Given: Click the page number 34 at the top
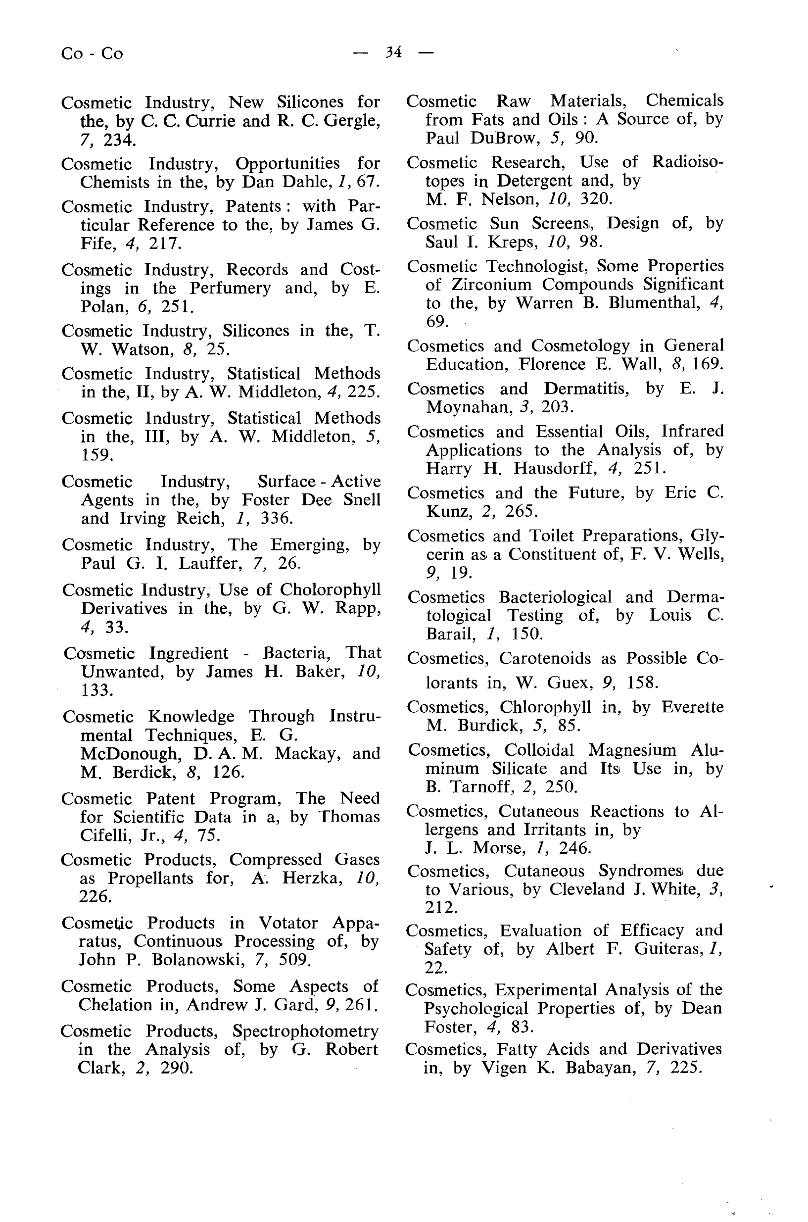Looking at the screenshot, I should point(393,52).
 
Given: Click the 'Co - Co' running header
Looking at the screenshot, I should point(92,53).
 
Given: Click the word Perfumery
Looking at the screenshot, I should point(230,288).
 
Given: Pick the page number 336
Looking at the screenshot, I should point(277,518).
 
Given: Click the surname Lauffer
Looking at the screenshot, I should point(210,563).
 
